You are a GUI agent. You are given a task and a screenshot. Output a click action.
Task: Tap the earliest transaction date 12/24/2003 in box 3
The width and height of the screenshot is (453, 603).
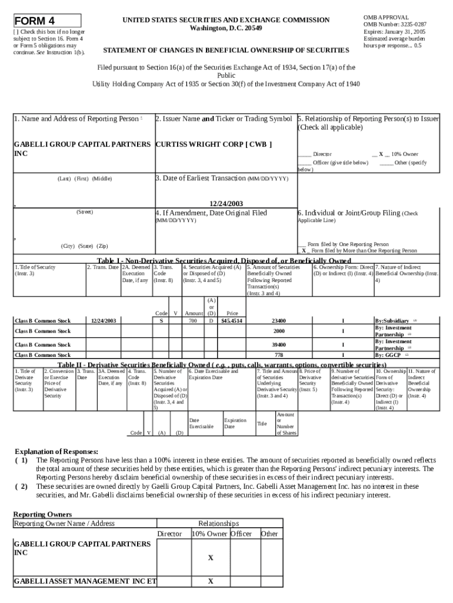(226, 203)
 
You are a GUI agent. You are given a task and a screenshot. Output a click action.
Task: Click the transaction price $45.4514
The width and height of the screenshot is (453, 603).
(232, 321)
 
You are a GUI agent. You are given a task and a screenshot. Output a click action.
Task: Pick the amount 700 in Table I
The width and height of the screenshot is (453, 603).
(192, 321)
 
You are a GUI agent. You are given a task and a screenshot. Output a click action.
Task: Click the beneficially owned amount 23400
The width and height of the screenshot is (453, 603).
(279, 321)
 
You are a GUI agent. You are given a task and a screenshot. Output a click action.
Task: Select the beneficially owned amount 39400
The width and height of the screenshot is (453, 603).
(279, 344)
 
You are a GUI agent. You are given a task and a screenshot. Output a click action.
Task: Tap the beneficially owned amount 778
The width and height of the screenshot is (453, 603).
(279, 355)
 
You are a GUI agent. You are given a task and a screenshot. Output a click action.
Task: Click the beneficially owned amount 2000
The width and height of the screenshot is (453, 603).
(279, 331)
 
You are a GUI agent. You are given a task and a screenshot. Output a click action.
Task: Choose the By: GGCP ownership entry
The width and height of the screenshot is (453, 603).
(388, 355)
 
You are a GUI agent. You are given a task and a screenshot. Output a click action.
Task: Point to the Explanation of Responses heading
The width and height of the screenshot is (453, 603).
(56, 452)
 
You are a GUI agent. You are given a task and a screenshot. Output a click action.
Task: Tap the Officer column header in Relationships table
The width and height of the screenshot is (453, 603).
(241, 534)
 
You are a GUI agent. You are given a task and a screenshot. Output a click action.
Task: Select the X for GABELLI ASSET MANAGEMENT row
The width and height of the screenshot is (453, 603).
(210, 582)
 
